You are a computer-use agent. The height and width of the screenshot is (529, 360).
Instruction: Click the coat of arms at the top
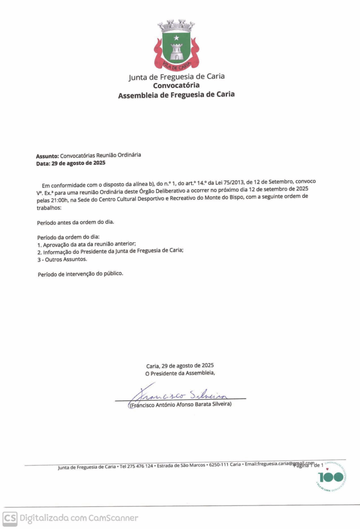[x=176, y=45]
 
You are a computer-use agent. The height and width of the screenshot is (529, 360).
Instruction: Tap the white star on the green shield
[x=176, y=38]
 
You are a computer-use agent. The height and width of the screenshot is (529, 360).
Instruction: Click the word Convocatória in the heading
[x=176, y=86]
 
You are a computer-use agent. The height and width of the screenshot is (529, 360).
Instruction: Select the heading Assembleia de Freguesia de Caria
[x=176, y=95]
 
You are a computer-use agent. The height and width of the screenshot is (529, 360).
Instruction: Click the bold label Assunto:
[x=47, y=155]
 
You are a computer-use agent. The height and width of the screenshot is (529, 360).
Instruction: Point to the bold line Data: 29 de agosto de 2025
[x=70, y=163]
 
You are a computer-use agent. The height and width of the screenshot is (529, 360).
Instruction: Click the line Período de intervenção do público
[x=81, y=274]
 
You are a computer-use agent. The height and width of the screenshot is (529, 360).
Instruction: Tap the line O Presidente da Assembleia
[x=180, y=372]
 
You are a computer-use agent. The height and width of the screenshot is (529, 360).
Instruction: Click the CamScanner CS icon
[x=10, y=518]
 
